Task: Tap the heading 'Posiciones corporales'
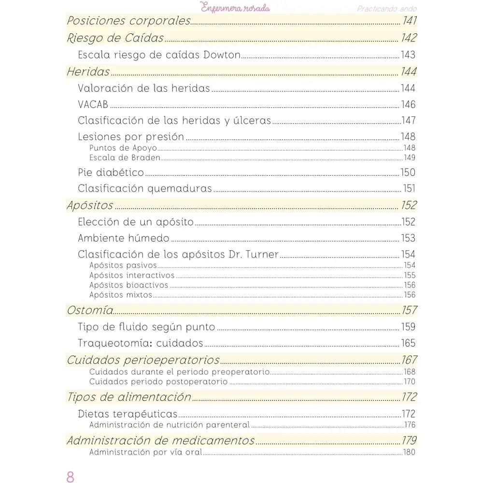[128, 21]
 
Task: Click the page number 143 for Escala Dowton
[408, 55]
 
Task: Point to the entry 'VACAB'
[93, 105]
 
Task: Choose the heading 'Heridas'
[88, 72]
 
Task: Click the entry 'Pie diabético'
[111, 172]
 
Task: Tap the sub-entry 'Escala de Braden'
[125, 157]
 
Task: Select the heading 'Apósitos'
[90, 205]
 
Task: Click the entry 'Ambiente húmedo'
[124, 238]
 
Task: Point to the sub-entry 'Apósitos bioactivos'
[128, 285]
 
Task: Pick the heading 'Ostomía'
[90, 310]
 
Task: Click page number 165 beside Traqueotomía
[408, 343]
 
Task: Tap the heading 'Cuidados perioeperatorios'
[143, 360]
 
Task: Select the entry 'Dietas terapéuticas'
[128, 414]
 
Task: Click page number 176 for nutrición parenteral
[410, 425]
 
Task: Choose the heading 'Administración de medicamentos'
[160, 440]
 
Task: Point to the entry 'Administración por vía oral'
[145, 452]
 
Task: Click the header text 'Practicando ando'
[387, 9]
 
